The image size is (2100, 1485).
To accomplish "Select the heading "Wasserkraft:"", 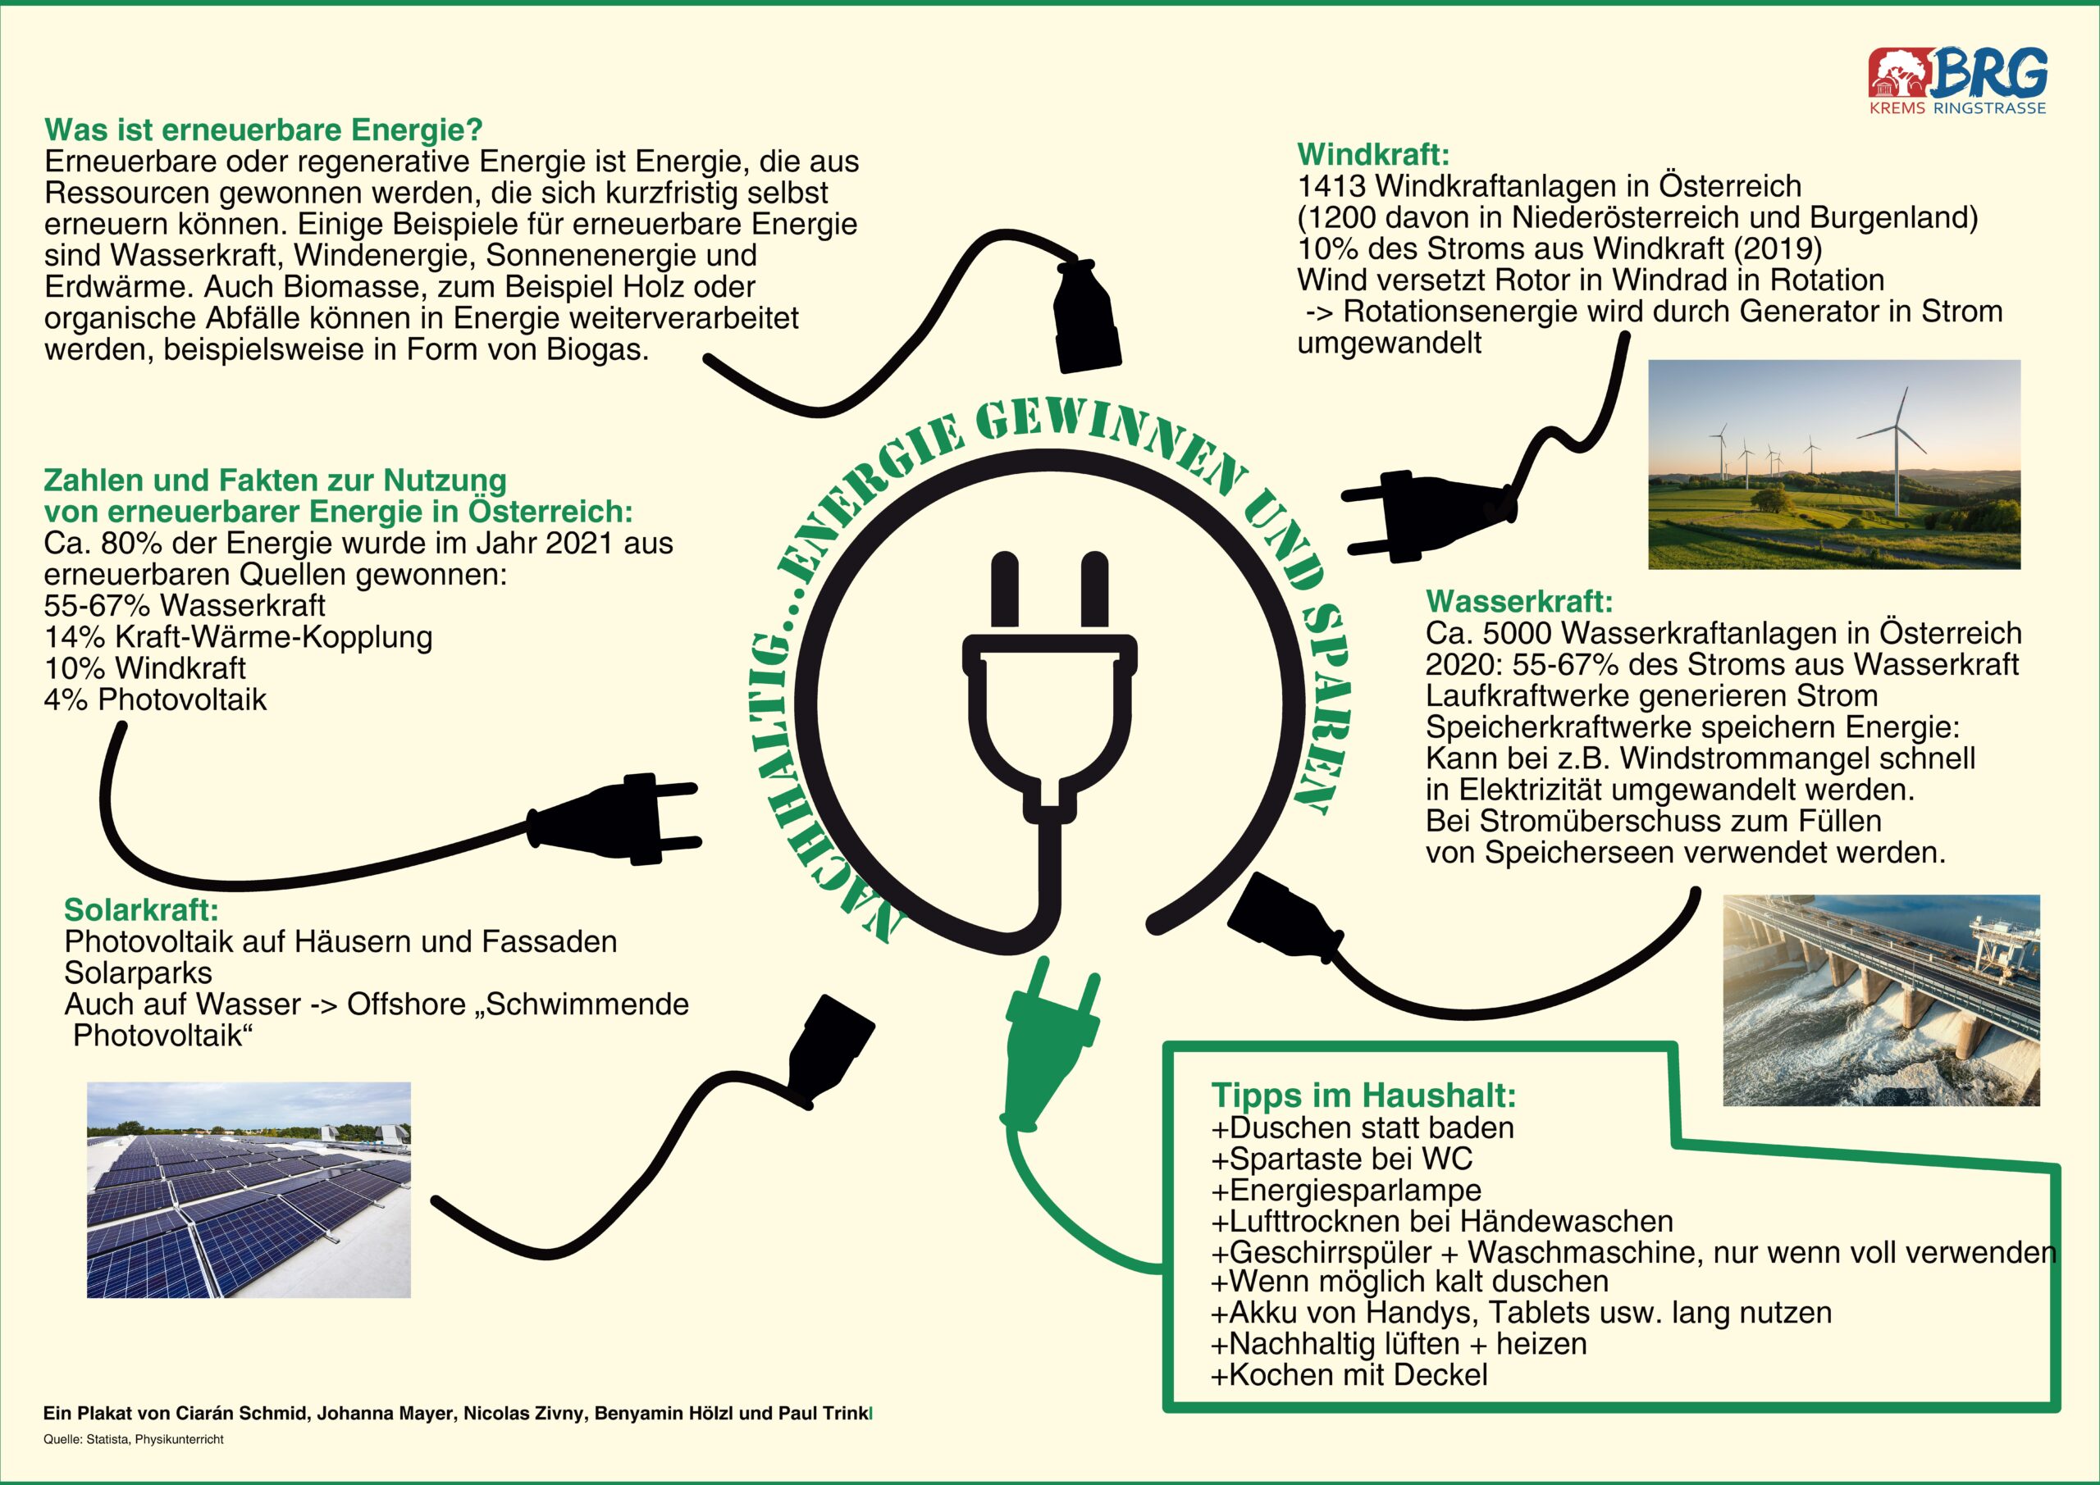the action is [1519, 601].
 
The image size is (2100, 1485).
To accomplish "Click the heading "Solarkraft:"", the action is [141, 910].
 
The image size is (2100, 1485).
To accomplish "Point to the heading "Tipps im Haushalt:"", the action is [1363, 1095].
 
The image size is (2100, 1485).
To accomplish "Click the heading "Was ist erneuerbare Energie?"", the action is [263, 130].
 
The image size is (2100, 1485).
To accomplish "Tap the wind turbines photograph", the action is [1834, 464].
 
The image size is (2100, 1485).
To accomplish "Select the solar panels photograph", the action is [249, 1190].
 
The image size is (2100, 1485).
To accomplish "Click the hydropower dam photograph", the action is [1882, 1000].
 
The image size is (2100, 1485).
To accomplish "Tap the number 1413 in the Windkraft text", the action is [1331, 186].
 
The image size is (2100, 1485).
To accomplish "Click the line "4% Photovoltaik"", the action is [156, 699].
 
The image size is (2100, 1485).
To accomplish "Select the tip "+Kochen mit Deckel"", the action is [1349, 1373].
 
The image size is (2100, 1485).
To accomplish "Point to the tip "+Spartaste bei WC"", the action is [1342, 1159].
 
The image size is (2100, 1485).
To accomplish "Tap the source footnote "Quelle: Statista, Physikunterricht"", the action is [134, 1438].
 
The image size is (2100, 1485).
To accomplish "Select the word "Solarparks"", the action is [138, 973].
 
